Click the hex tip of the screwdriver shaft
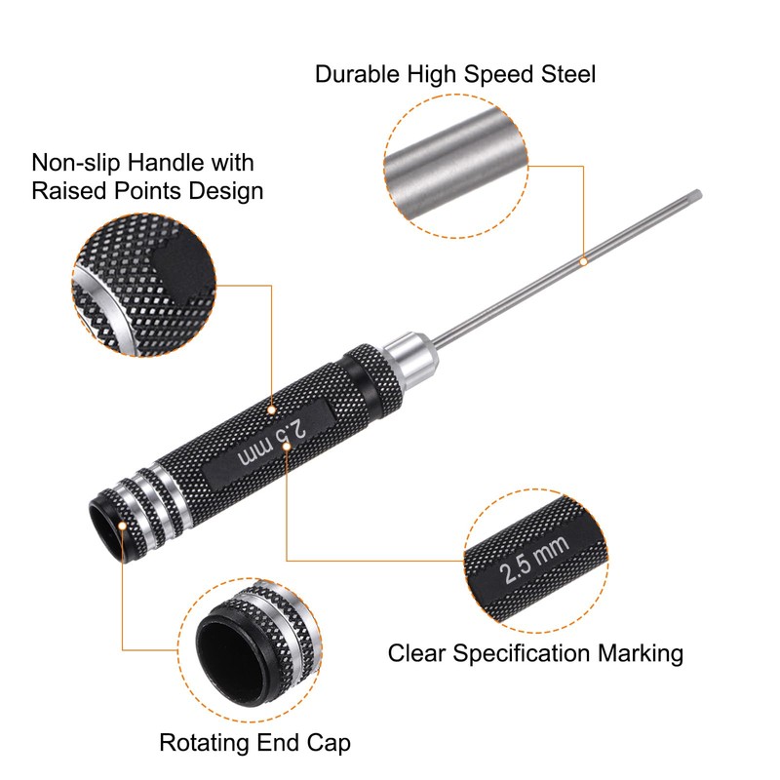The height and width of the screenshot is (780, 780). [x=696, y=194]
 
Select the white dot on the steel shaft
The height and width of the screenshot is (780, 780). [x=583, y=261]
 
